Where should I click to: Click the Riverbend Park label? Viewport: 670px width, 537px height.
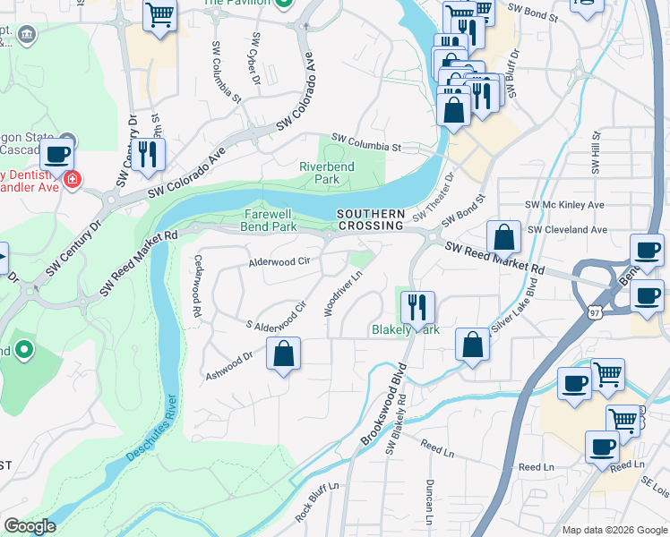(x=327, y=173)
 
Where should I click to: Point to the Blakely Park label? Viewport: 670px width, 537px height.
(x=406, y=330)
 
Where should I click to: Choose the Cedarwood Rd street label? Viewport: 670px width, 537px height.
(x=196, y=286)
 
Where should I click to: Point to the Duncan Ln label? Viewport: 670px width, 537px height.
(x=429, y=501)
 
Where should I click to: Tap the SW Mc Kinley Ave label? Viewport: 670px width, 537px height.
(x=565, y=205)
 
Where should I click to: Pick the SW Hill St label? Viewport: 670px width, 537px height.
(x=595, y=148)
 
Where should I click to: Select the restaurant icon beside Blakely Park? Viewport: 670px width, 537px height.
(x=417, y=307)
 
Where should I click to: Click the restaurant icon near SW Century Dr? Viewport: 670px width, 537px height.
(x=148, y=153)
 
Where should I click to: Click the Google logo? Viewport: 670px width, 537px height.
(x=30, y=526)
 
